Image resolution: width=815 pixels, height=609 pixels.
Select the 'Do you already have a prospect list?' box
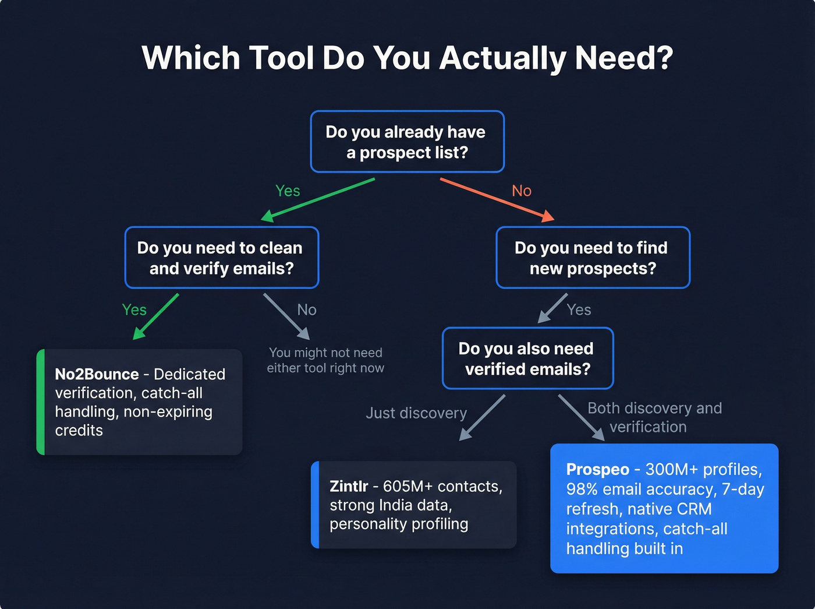(x=407, y=142)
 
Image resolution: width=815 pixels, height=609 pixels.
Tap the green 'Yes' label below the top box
(x=288, y=191)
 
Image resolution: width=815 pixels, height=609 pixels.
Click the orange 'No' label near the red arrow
(x=522, y=191)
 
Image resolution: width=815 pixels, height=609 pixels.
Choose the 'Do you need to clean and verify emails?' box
(x=221, y=258)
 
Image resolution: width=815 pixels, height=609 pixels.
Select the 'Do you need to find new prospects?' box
(x=592, y=258)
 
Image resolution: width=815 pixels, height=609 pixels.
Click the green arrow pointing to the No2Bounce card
(x=156, y=316)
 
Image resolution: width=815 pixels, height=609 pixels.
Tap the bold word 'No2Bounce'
(x=97, y=374)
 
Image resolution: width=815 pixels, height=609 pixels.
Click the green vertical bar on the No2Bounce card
(x=40, y=402)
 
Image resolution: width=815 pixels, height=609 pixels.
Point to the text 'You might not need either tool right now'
(x=325, y=360)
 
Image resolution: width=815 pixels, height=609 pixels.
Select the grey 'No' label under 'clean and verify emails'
(x=307, y=310)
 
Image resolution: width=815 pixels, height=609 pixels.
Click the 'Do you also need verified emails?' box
(x=527, y=358)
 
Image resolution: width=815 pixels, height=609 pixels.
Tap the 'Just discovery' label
(x=416, y=413)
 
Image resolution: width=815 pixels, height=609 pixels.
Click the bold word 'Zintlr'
(x=349, y=487)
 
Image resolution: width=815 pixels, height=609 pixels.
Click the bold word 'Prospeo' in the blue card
(x=597, y=470)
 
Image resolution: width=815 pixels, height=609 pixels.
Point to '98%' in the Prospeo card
(x=582, y=490)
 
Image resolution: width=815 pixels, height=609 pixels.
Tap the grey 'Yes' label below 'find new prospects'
(x=579, y=310)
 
